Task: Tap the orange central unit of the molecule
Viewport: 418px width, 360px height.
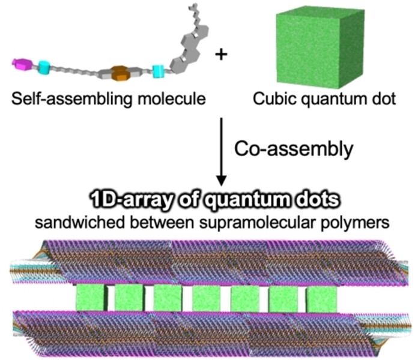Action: (121, 73)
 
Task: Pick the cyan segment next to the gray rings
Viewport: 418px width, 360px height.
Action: (158, 72)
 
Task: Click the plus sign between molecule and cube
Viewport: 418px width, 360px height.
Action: (222, 55)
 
